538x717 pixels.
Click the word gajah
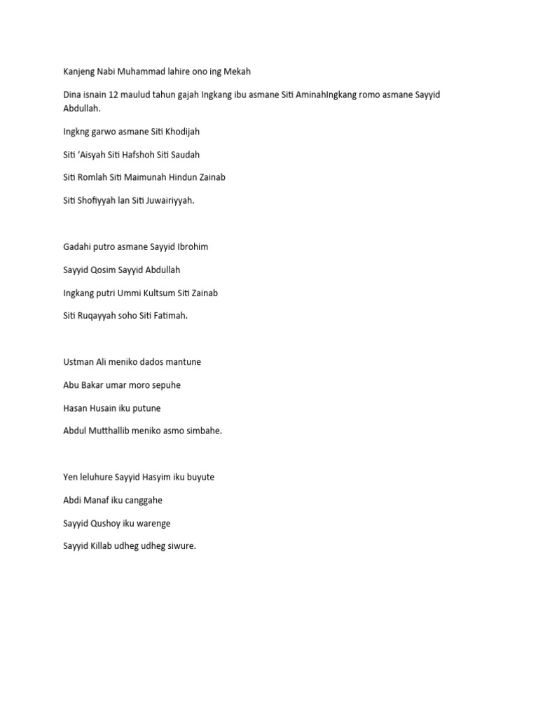(x=184, y=95)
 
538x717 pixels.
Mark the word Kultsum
(x=159, y=293)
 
